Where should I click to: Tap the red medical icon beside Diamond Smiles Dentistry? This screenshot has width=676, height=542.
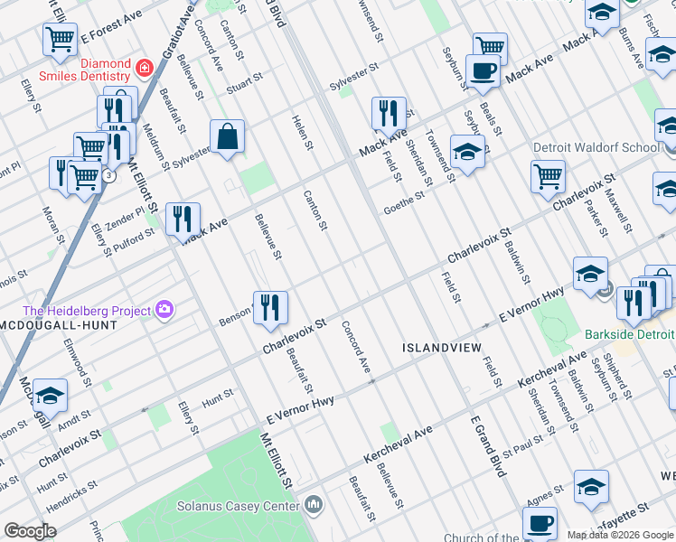coord(143,68)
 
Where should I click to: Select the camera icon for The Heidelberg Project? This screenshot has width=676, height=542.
coord(164,311)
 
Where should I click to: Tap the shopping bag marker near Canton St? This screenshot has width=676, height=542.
coord(228,137)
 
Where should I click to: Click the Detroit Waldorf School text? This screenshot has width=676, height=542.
coord(609,147)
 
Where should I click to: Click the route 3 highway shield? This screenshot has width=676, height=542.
coord(108,175)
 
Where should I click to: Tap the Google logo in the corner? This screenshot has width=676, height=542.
coord(31,531)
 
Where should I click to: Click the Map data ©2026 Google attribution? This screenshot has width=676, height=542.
coord(620,535)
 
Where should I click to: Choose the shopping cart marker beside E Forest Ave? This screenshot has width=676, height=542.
coord(60,39)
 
